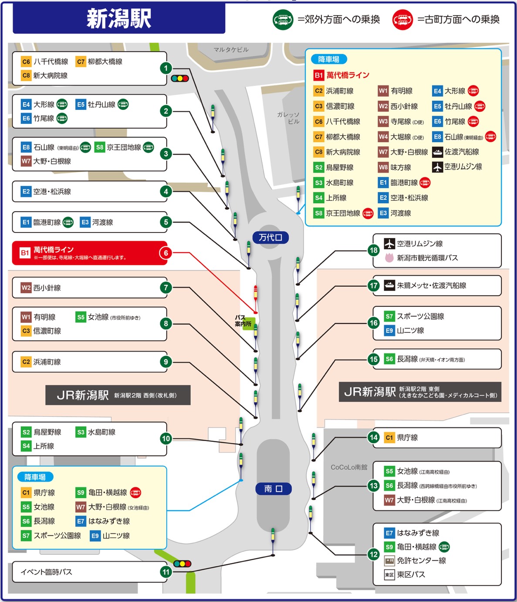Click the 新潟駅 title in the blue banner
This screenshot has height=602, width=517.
[118, 19]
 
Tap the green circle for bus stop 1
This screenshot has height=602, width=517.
[166, 68]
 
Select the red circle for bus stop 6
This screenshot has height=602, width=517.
[166, 253]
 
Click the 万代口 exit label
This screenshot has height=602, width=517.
[270, 237]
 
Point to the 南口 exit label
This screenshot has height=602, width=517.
[273, 489]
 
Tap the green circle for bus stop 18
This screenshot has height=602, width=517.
[373, 250]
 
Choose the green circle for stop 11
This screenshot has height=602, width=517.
[166, 571]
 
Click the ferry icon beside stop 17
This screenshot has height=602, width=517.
[389, 285]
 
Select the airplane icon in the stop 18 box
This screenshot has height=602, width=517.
[389, 243]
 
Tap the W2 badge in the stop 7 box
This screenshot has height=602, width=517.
[26, 288]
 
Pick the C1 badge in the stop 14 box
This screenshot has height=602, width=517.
[389, 438]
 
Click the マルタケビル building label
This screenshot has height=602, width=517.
[231, 50]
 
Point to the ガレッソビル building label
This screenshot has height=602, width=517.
[288, 118]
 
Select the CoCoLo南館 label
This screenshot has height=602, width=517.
[349, 467]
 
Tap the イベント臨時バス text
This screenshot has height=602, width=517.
[47, 572]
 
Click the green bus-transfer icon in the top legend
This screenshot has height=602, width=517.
[283, 20]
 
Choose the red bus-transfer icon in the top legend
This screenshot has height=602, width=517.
[402, 20]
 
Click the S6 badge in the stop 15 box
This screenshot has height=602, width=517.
[389, 359]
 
